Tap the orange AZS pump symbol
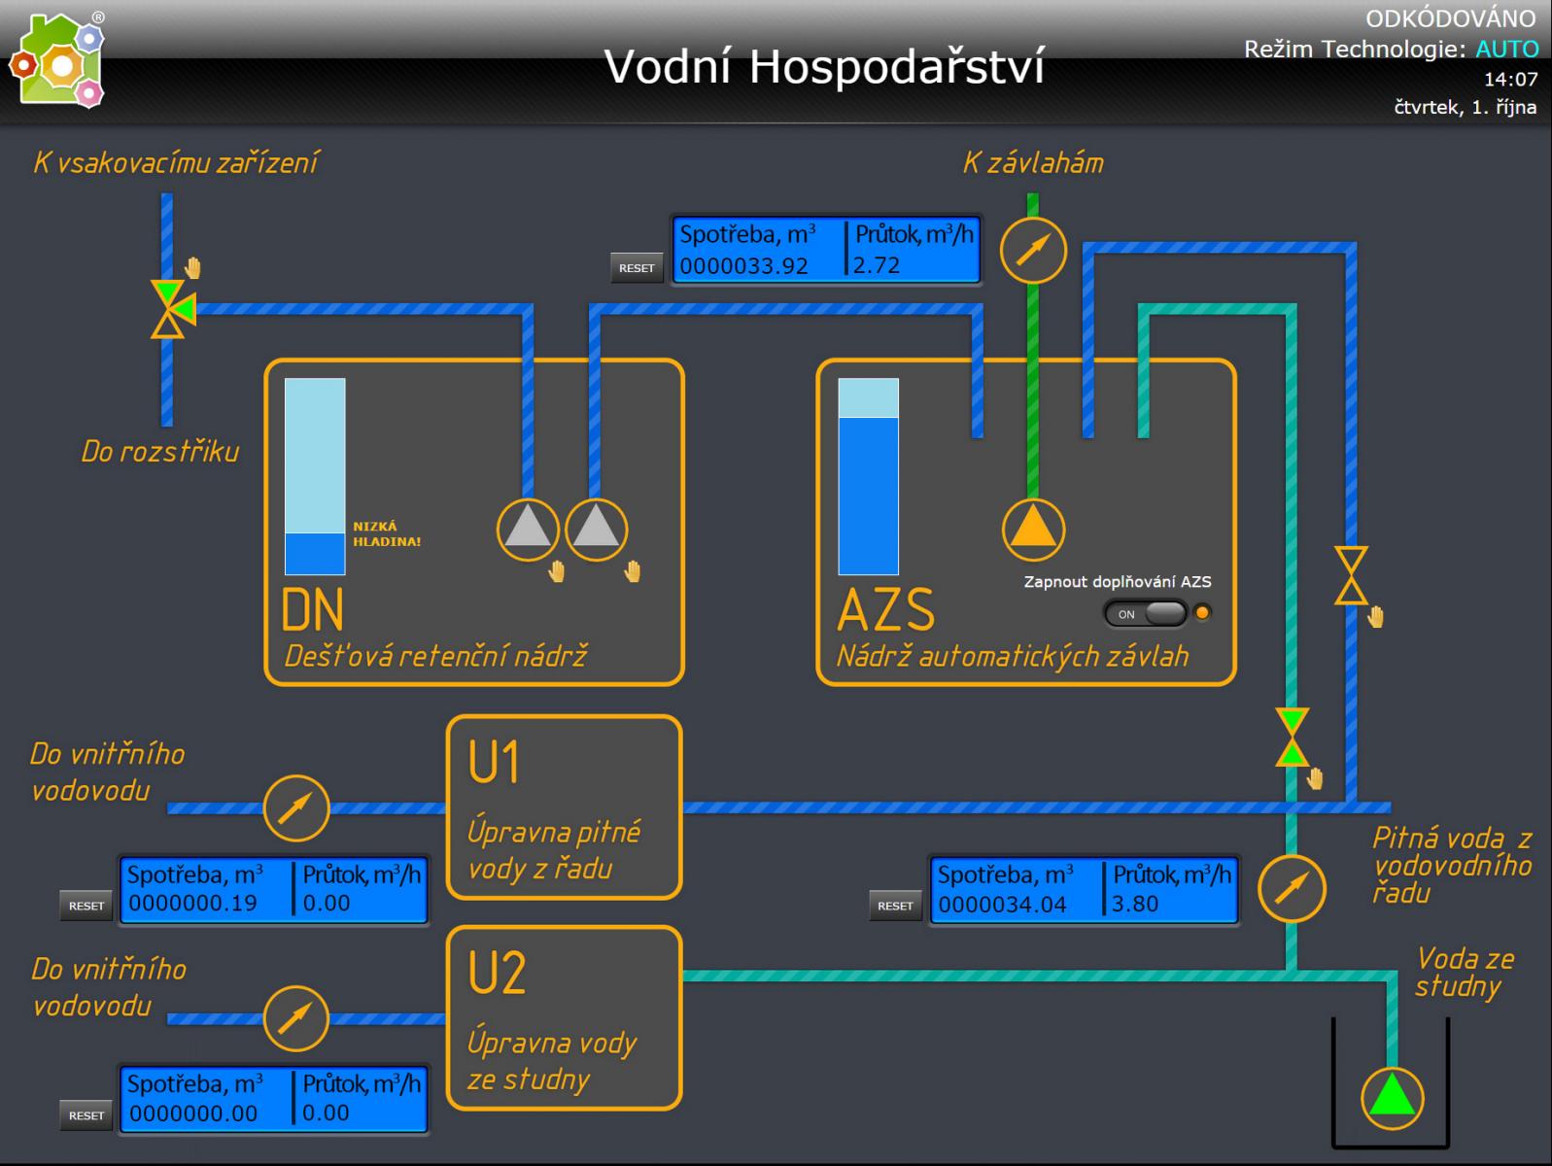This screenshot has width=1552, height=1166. point(1033,529)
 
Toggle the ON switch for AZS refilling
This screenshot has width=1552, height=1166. point(1146,613)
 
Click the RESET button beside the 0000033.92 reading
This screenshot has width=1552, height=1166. point(637,267)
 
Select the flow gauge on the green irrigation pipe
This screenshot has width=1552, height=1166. point(1033,250)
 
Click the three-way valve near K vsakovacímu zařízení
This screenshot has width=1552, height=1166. point(172,309)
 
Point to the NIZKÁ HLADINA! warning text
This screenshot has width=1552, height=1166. point(387,533)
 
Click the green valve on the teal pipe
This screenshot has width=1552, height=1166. point(1292,737)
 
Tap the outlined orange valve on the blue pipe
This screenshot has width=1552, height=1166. point(1351,575)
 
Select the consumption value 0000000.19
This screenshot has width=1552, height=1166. point(192,904)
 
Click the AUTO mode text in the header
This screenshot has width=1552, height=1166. point(1507,49)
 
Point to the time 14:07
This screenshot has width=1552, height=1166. point(1510,79)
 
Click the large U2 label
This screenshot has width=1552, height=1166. point(497,972)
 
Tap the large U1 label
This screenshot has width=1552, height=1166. point(494,762)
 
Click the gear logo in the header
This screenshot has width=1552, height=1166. point(58,61)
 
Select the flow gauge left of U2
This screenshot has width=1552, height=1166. point(296,1018)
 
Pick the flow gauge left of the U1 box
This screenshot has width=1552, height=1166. point(296,807)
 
